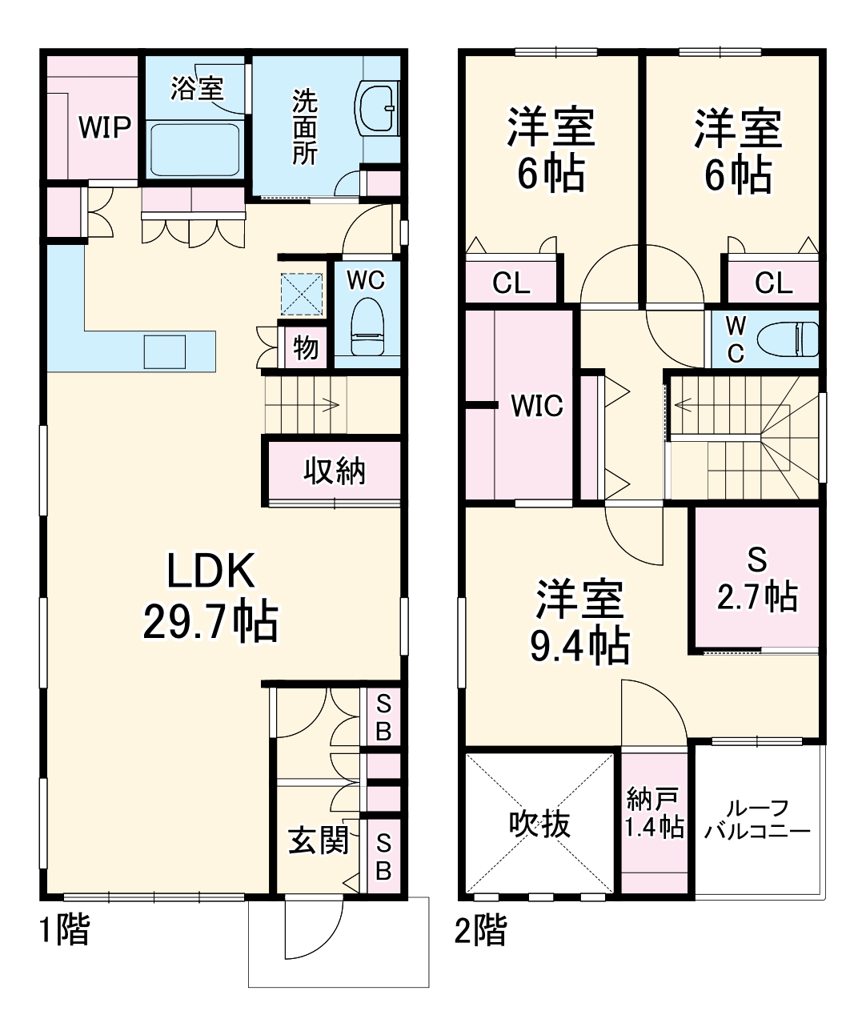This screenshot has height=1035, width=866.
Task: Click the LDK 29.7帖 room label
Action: [x=210, y=596]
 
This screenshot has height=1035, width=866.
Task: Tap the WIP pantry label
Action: [x=104, y=127]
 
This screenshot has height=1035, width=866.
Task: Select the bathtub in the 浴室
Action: [x=194, y=149]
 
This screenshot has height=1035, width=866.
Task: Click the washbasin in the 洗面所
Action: [x=378, y=107]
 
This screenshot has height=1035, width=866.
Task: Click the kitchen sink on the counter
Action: [x=165, y=351]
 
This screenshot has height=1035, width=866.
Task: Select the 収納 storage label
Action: [x=335, y=471]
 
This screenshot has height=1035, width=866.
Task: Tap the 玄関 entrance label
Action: [x=318, y=840]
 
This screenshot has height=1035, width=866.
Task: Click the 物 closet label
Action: [x=305, y=347]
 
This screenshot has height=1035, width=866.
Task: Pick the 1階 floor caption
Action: [x=65, y=930]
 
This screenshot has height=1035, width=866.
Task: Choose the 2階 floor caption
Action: [x=480, y=930]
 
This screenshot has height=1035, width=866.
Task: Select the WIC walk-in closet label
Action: [x=537, y=406]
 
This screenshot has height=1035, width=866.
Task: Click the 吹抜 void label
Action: [x=540, y=823]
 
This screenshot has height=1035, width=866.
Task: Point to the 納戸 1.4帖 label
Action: [x=654, y=812]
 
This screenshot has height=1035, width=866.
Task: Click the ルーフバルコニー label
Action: [x=757, y=820]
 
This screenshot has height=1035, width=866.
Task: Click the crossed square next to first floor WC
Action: [x=302, y=294]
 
